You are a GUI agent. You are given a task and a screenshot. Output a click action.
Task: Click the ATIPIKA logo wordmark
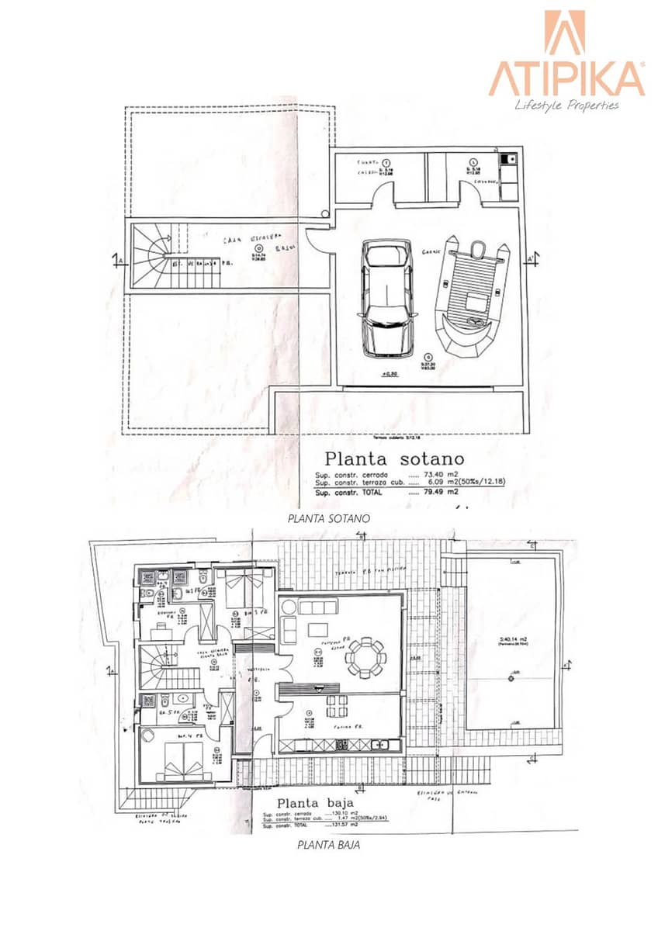566,78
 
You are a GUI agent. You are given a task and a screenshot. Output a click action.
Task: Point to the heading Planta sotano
394,459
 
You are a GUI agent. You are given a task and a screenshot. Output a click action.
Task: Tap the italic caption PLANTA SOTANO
318,517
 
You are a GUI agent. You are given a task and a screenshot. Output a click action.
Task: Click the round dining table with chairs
365,659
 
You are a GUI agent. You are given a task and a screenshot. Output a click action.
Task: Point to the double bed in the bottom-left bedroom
184,760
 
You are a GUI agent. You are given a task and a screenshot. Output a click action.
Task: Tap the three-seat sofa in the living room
317,607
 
